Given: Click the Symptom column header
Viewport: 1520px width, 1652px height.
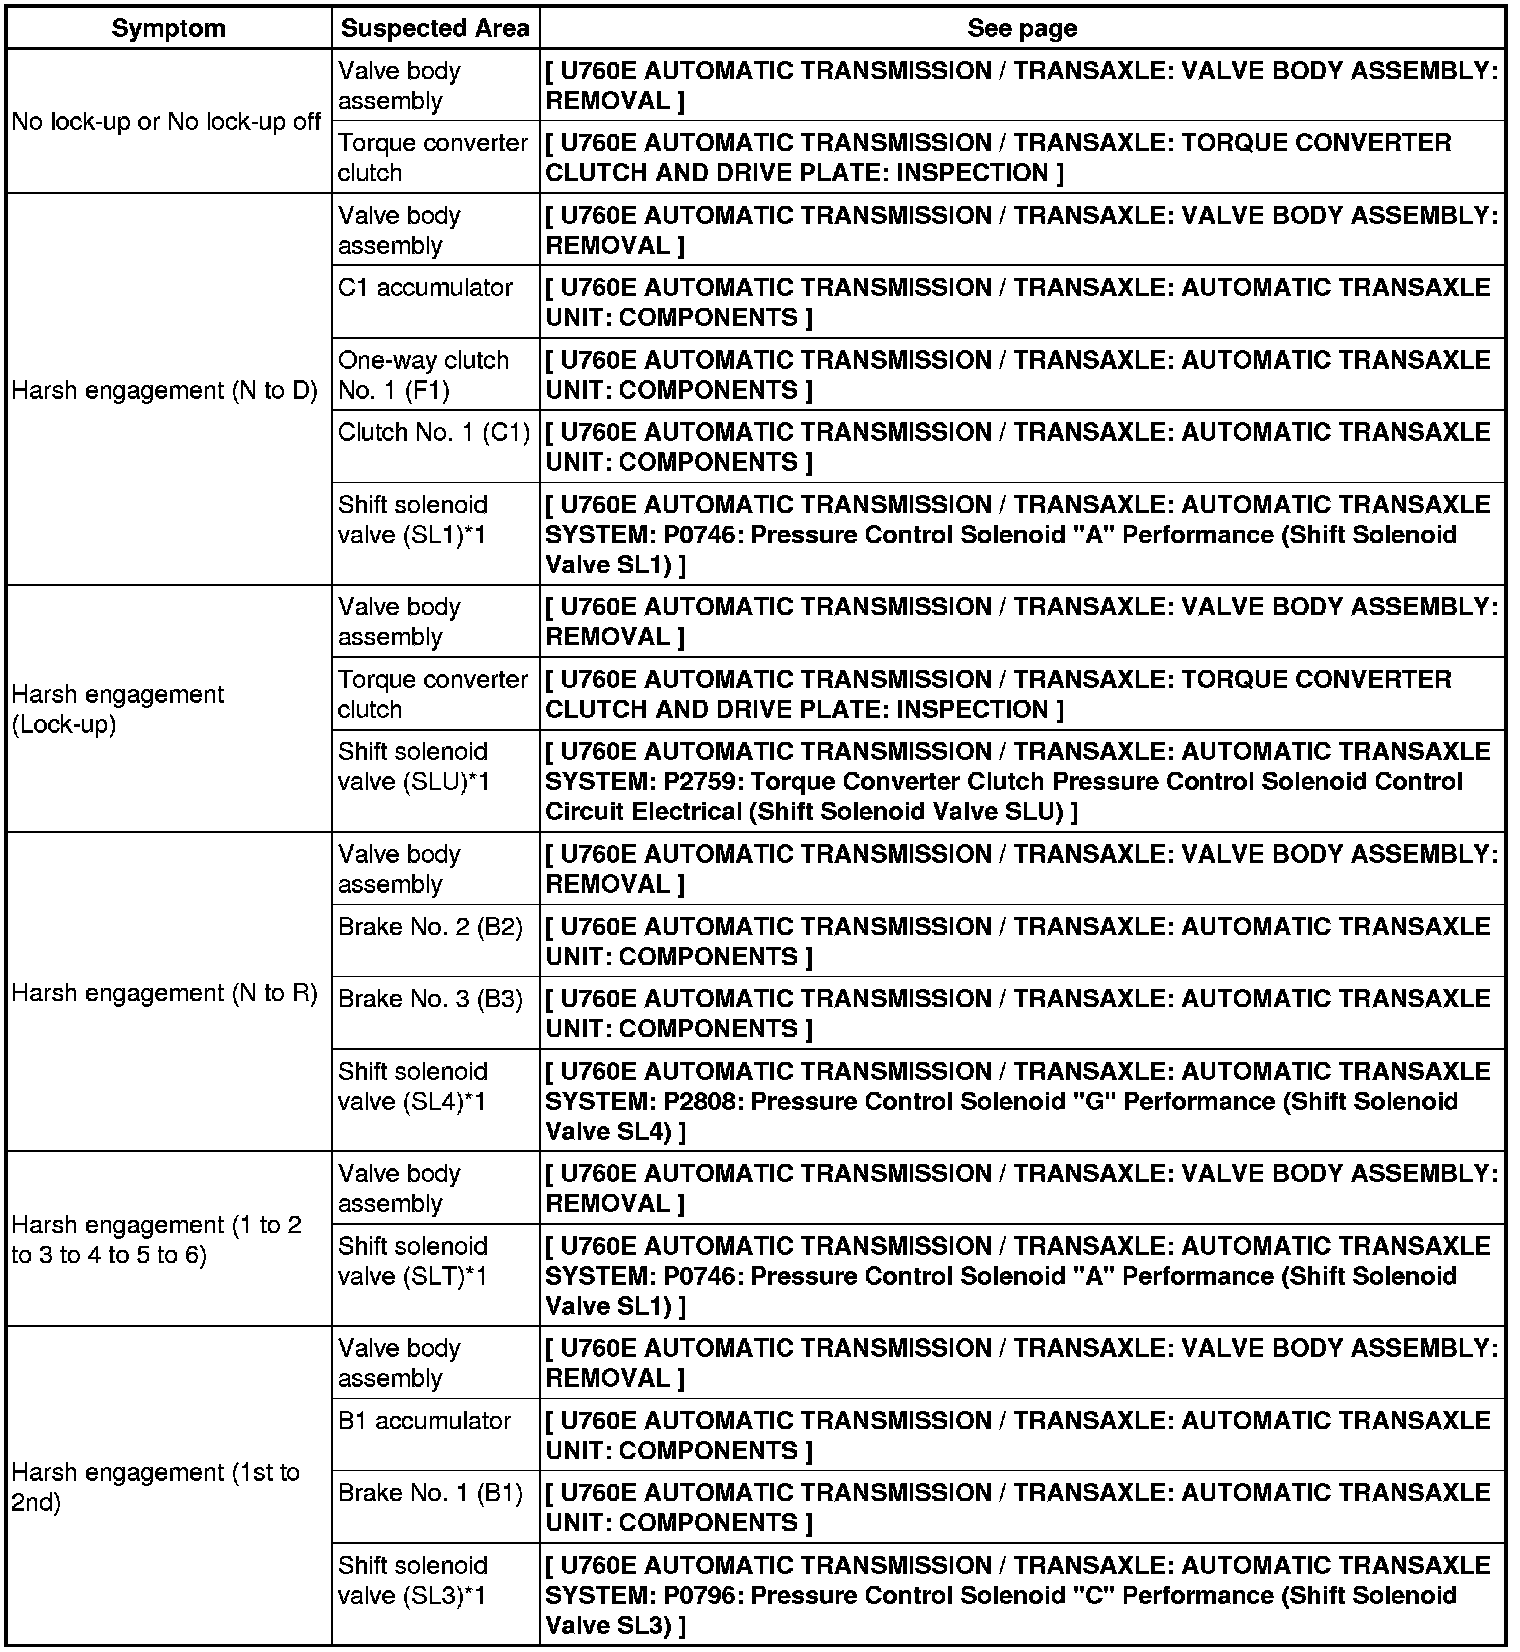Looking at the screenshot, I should click(x=168, y=28).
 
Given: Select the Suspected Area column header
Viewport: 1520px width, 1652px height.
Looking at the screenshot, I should click(x=435, y=28).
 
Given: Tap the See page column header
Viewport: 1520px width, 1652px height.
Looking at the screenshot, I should click(x=1022, y=28).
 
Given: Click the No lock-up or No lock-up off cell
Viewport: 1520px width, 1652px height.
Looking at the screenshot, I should click(x=167, y=122).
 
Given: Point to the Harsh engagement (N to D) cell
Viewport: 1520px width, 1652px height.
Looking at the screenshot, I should click(x=165, y=390).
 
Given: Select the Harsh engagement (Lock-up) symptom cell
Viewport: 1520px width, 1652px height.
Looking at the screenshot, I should click(x=118, y=709).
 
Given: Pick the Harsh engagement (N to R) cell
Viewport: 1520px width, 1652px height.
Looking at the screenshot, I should click(x=165, y=993).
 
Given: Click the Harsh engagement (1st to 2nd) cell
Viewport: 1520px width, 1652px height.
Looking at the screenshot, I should click(x=155, y=1487).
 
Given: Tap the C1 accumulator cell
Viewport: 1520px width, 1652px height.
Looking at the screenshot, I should click(x=426, y=288).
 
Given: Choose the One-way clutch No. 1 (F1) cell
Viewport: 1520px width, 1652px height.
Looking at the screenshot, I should click(x=423, y=375).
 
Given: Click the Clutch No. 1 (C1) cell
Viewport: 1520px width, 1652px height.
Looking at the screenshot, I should click(x=434, y=432).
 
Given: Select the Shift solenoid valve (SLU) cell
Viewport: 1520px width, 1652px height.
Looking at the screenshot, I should click(x=413, y=767).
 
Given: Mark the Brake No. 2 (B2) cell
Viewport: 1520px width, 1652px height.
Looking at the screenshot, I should click(x=431, y=927).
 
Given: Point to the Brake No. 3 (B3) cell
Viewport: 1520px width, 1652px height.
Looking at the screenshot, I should click(x=431, y=999).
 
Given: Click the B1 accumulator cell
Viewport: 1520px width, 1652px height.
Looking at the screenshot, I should click(x=425, y=1421).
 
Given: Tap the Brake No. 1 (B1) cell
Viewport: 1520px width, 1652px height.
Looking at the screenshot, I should click(x=431, y=1493).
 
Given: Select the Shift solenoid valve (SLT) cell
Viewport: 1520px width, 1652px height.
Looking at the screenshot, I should click(x=413, y=1261).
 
